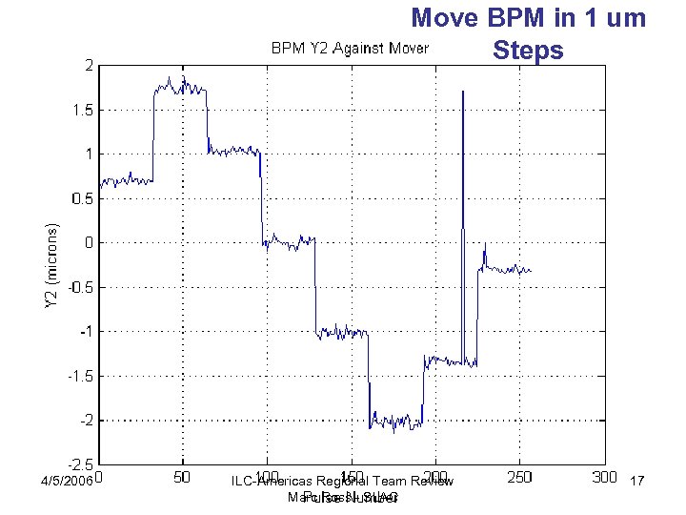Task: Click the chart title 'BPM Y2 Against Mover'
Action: click(x=350, y=47)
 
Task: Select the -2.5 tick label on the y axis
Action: click(x=79, y=463)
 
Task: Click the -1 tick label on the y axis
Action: click(x=85, y=332)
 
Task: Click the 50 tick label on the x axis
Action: click(x=183, y=477)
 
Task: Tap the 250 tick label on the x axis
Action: click(x=519, y=477)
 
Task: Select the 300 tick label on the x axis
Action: click(x=603, y=477)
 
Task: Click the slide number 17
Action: click(x=638, y=483)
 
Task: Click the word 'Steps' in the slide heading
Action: click(x=530, y=51)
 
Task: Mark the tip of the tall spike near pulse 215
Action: click(x=463, y=92)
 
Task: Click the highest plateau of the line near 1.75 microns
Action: click(x=180, y=87)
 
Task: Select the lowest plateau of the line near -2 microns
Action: click(x=395, y=420)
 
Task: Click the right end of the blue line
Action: click(x=531, y=271)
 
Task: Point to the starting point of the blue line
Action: click(x=100, y=184)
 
